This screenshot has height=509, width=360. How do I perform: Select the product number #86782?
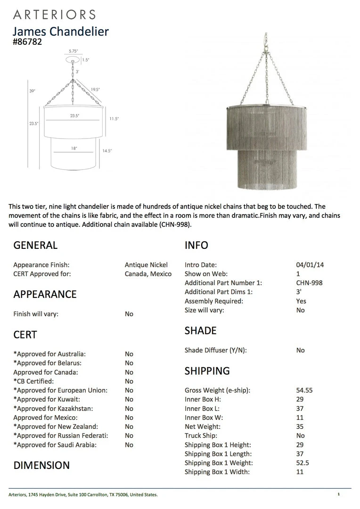point(27,42)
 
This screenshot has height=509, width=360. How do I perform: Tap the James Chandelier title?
point(60,32)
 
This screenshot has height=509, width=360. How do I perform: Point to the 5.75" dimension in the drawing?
point(73,50)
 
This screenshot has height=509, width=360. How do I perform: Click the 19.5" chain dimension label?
point(95,89)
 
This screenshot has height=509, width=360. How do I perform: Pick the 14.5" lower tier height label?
point(107,151)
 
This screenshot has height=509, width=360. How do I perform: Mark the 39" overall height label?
point(32,91)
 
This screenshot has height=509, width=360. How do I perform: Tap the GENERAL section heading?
point(35,245)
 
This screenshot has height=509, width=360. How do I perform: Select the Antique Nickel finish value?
point(146,265)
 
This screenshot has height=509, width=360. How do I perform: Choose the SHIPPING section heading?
point(207,371)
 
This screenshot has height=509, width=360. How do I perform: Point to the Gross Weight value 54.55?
point(304,390)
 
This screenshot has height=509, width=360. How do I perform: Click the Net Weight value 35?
point(300,427)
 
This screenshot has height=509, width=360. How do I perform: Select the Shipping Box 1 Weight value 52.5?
point(303,463)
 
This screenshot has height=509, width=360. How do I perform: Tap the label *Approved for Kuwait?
point(53,399)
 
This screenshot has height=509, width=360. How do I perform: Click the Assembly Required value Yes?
point(301,301)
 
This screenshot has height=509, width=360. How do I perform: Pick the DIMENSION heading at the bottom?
point(41,465)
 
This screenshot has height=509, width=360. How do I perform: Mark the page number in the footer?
point(338,494)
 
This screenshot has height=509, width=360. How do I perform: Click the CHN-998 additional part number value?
point(310,283)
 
